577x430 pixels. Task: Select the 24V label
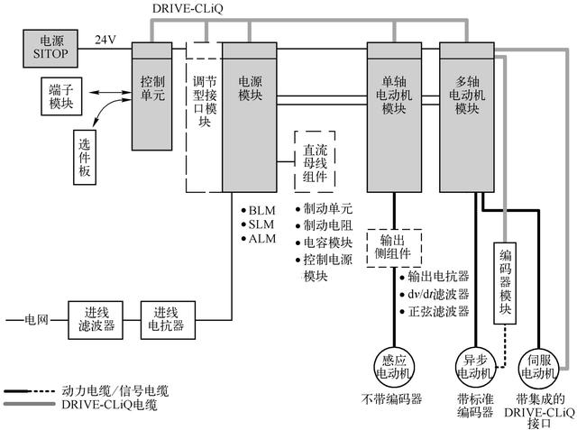[x=106, y=41]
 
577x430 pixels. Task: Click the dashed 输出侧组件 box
[x=394, y=244]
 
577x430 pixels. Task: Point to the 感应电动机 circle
[x=392, y=366]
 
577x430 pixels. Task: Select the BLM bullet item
[x=260, y=210]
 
